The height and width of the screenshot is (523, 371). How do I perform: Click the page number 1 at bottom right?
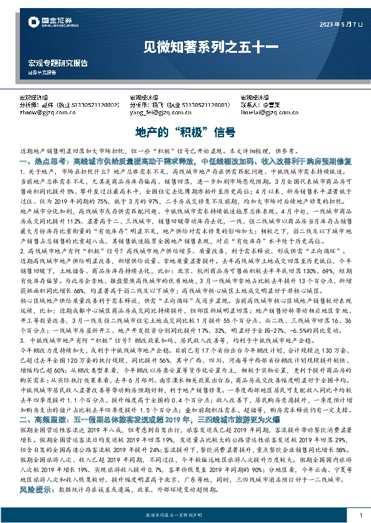[x=360, y=516]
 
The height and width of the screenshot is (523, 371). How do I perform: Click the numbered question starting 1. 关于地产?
[x=50, y=170]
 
